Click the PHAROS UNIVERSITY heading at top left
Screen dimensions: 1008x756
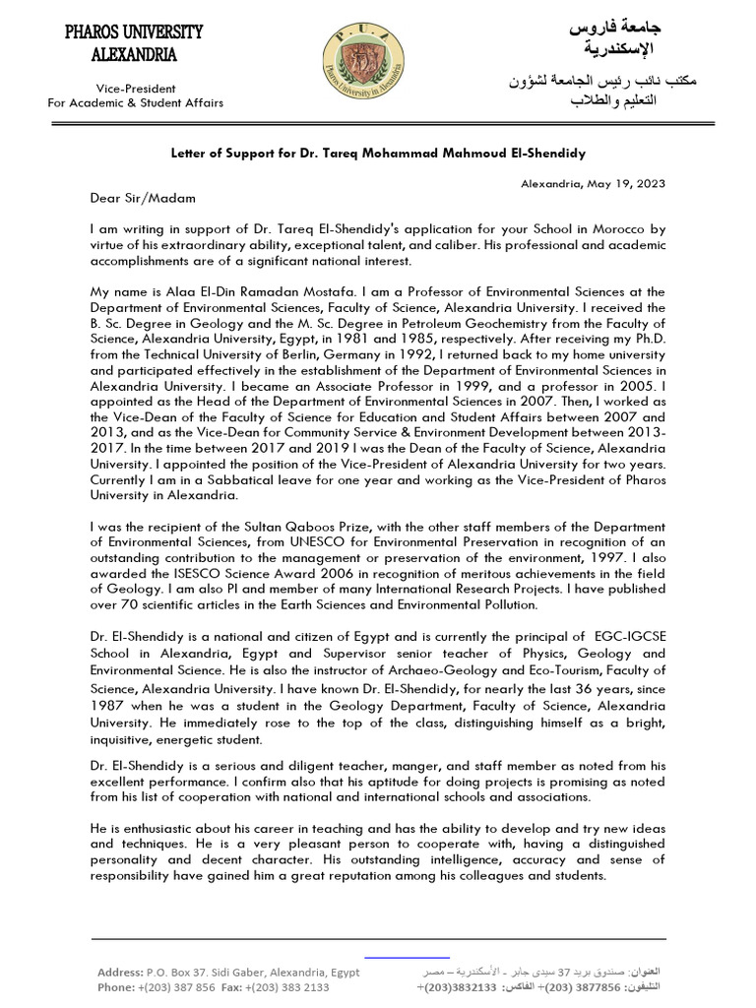click(x=134, y=32)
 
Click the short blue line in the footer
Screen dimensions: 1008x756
click(x=407, y=956)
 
